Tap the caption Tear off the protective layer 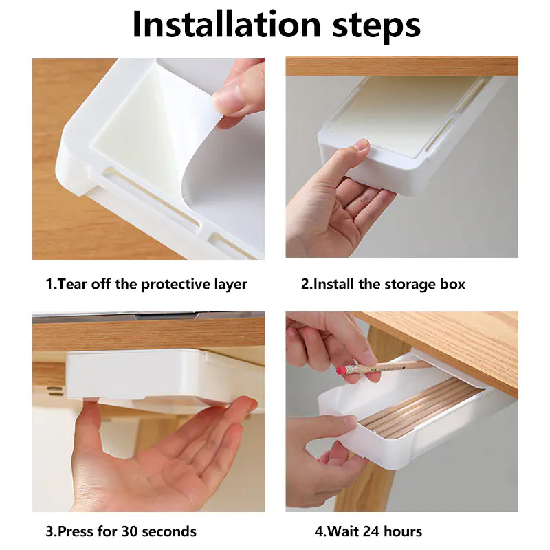click(x=146, y=284)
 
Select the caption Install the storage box click(x=383, y=284)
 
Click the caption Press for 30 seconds click(x=121, y=531)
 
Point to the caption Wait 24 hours click(x=368, y=531)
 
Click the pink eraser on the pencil click(x=341, y=369)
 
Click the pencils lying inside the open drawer click(x=419, y=409)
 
